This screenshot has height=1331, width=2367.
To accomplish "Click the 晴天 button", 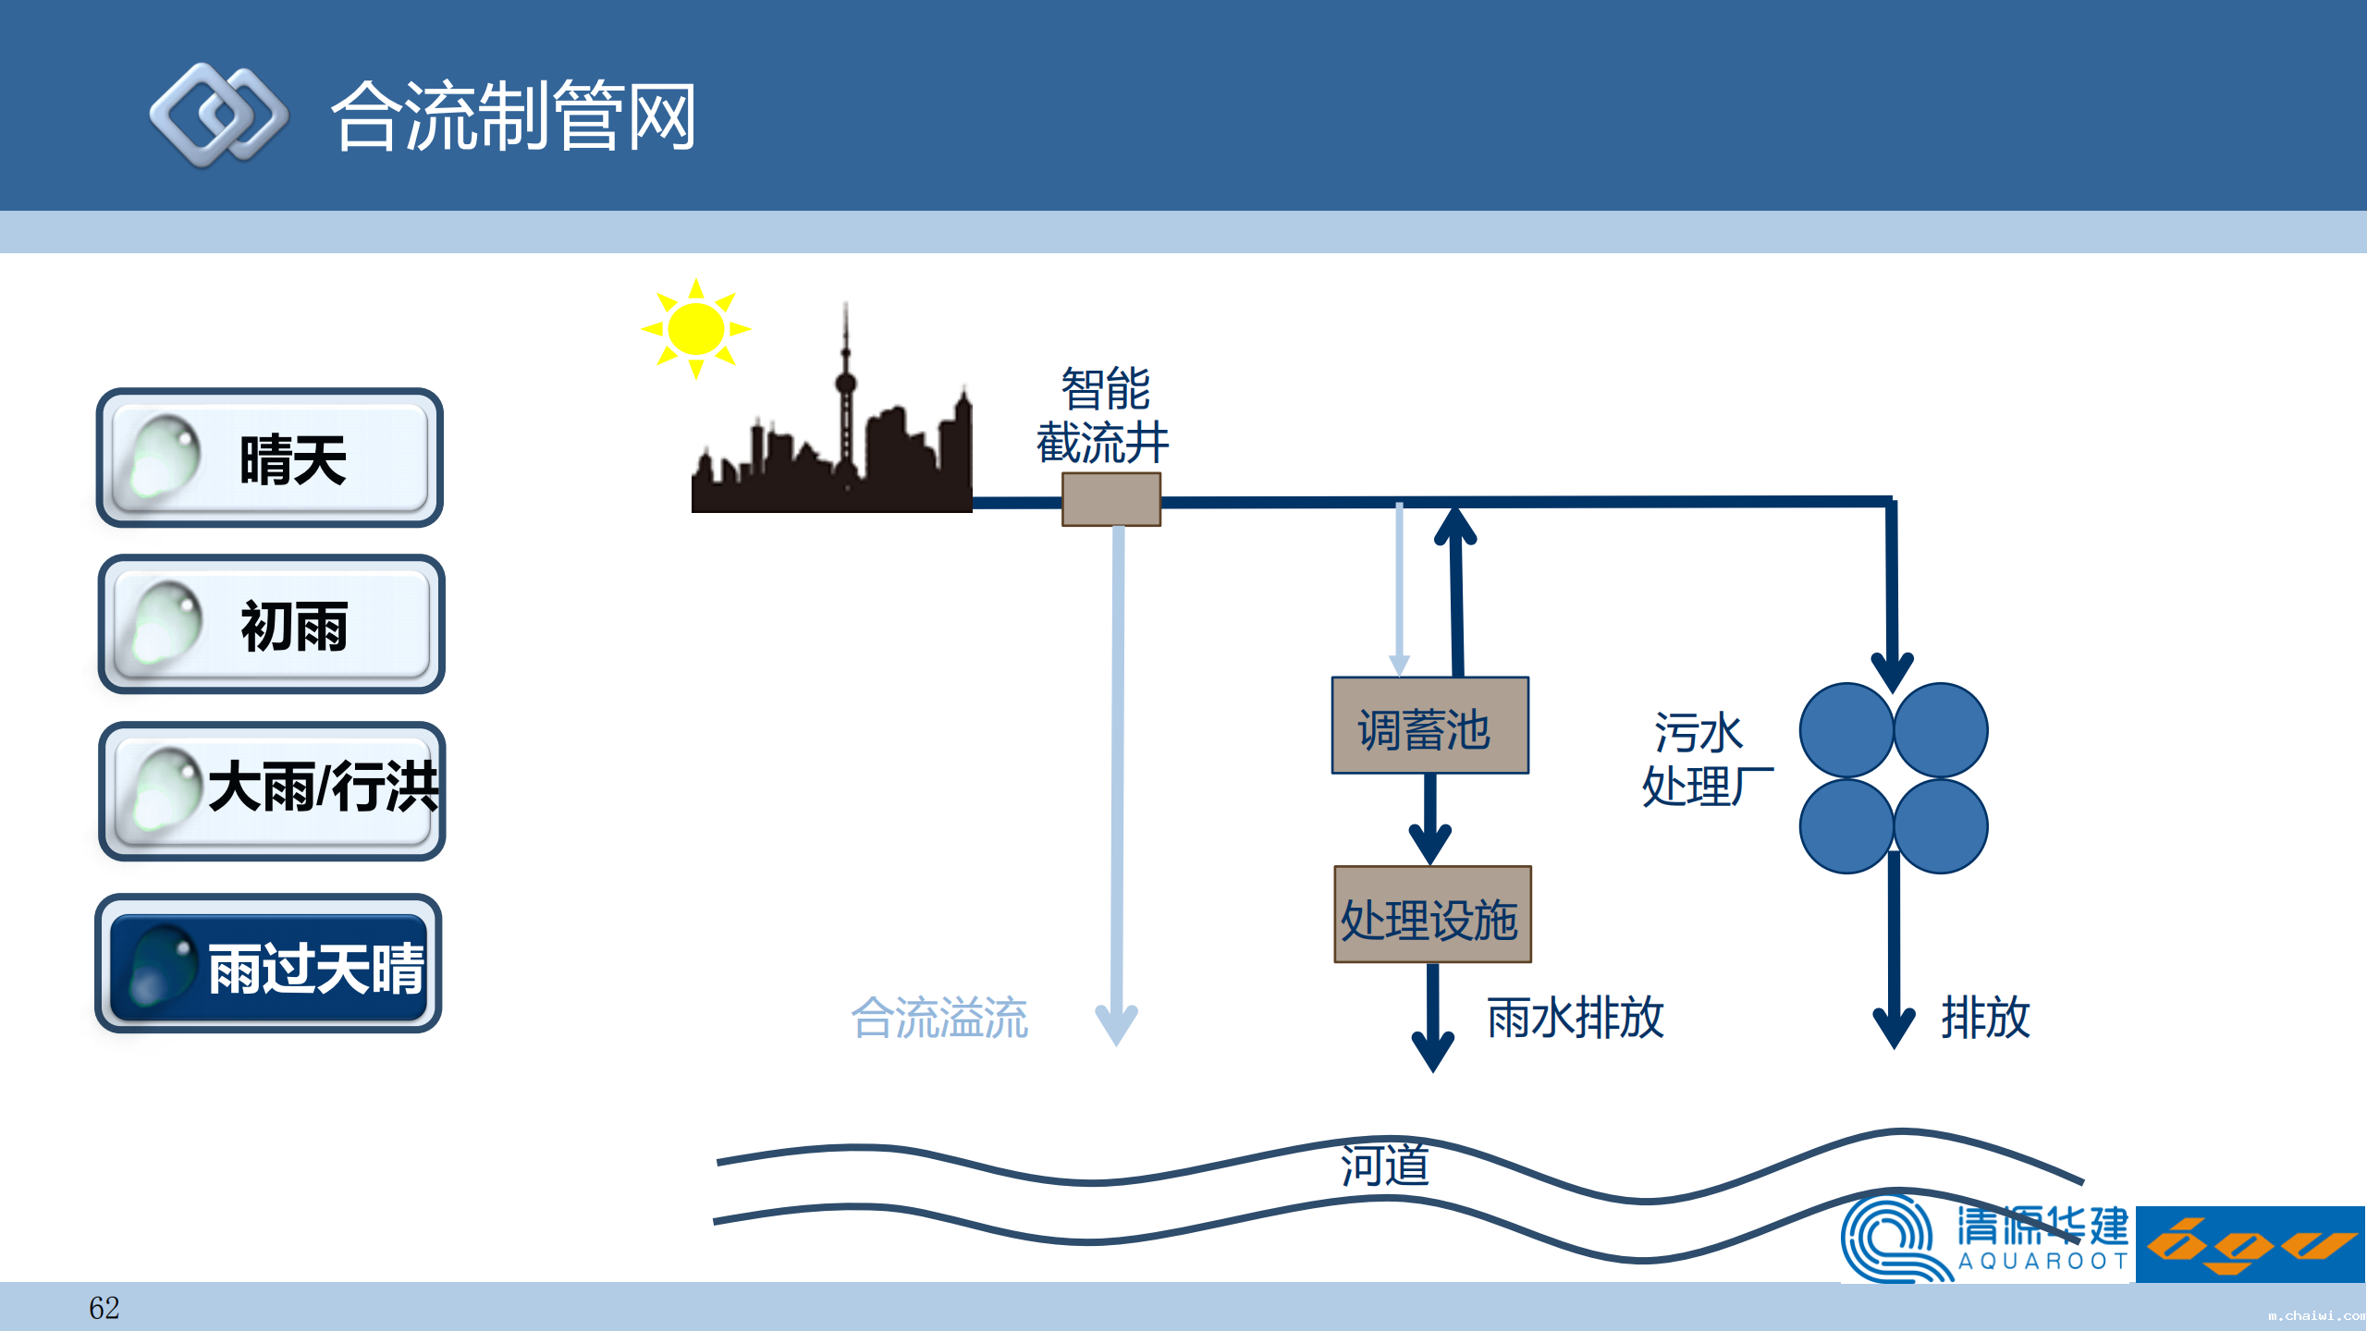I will [269, 458].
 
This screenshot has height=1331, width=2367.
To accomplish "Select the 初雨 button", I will [271, 625].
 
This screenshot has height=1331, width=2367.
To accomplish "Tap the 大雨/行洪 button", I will [272, 791].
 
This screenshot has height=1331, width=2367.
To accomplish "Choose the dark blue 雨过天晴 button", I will [268, 964].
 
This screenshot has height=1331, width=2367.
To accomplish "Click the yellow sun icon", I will [695, 329].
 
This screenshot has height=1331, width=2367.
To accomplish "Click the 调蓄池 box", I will [1429, 727].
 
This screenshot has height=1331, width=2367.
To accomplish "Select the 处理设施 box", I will [1432, 915].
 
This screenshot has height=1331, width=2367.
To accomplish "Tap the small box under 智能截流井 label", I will [1110, 499].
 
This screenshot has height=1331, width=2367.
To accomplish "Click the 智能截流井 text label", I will [1103, 416].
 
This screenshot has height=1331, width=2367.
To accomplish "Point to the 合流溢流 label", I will [939, 1018].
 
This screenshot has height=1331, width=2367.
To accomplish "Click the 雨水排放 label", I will [1576, 1018].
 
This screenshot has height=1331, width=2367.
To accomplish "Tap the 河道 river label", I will [1385, 1166].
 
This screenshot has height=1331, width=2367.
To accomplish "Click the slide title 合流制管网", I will [513, 116].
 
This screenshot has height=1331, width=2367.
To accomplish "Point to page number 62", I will [104, 1308].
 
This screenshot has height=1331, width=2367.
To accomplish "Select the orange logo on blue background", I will [2250, 1245].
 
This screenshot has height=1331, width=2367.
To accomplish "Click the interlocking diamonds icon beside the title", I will [219, 116].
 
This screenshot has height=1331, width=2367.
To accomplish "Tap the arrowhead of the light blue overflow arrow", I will [1116, 1026].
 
